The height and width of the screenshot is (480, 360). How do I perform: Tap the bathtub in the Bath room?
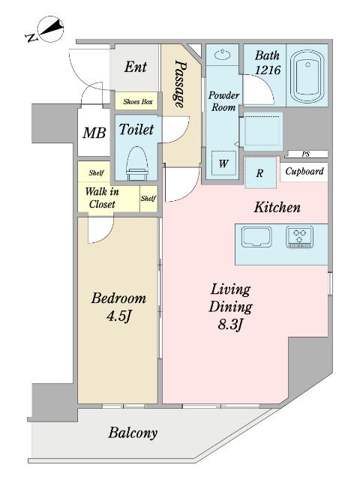(x=307, y=76)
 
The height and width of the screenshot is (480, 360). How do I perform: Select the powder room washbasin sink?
(x=222, y=55)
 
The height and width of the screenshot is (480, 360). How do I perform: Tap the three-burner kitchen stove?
(x=300, y=237)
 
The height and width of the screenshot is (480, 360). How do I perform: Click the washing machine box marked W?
(x=223, y=163)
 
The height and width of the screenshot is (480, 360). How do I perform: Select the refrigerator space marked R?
(x=260, y=173)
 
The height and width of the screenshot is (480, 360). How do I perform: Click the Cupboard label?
(x=304, y=172)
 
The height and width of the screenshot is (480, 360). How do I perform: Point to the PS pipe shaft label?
(x=305, y=154)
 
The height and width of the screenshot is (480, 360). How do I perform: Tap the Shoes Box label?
(x=138, y=102)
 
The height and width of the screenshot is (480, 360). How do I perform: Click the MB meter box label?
(x=94, y=133)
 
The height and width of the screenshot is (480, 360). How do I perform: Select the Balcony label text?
(x=133, y=433)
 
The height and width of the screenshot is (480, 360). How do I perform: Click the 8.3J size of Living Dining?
(x=230, y=324)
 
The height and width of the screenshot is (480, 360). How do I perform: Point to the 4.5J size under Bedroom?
(x=118, y=316)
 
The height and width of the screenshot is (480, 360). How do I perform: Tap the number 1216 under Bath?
(x=268, y=70)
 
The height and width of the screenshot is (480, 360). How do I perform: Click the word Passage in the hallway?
(x=180, y=83)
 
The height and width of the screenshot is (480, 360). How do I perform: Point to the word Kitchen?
(x=277, y=208)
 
